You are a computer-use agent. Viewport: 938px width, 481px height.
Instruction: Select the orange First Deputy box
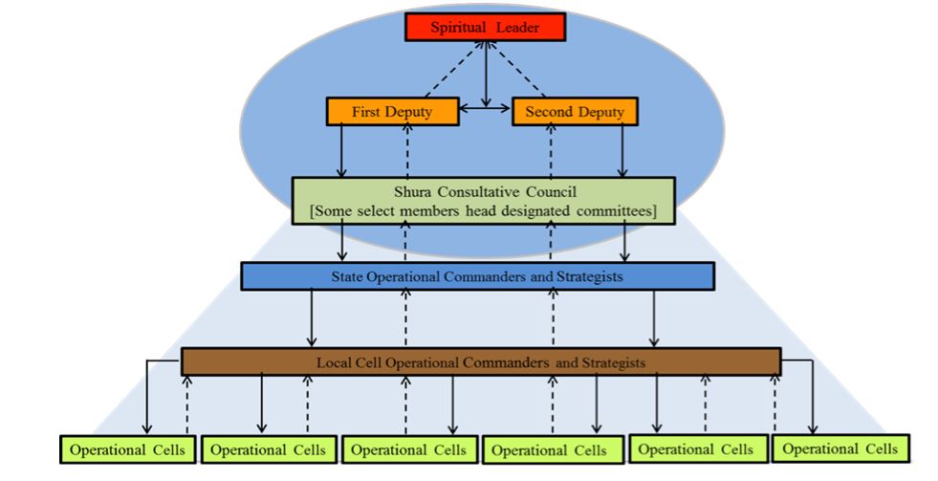point(393,112)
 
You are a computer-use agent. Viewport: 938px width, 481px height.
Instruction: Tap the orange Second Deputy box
point(575,112)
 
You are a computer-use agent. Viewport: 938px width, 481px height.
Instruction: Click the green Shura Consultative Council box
point(486,199)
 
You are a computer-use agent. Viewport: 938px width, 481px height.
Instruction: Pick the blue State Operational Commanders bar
point(477,276)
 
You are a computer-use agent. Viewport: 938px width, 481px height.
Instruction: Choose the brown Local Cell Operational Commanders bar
point(481,362)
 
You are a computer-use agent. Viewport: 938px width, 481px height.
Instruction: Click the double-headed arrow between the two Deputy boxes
point(487,112)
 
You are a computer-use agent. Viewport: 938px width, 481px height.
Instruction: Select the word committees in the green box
point(613,209)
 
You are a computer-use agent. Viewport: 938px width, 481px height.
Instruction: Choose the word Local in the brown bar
point(333,362)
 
